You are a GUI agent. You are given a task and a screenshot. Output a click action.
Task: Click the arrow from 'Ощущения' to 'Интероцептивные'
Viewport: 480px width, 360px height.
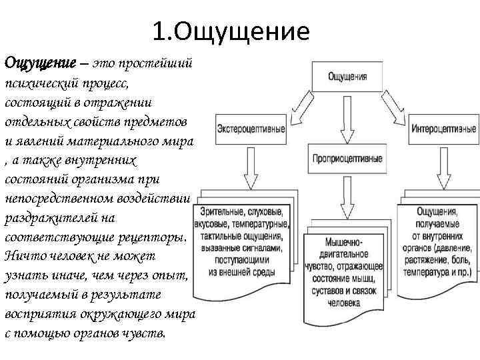(399, 107)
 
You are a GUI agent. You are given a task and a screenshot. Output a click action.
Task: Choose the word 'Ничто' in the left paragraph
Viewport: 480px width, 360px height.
(22, 256)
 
